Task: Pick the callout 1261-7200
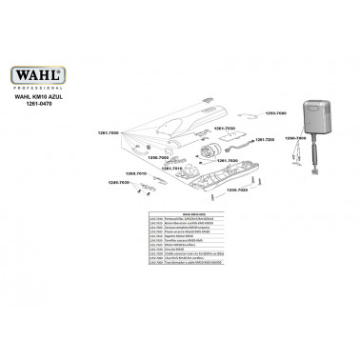262,139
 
